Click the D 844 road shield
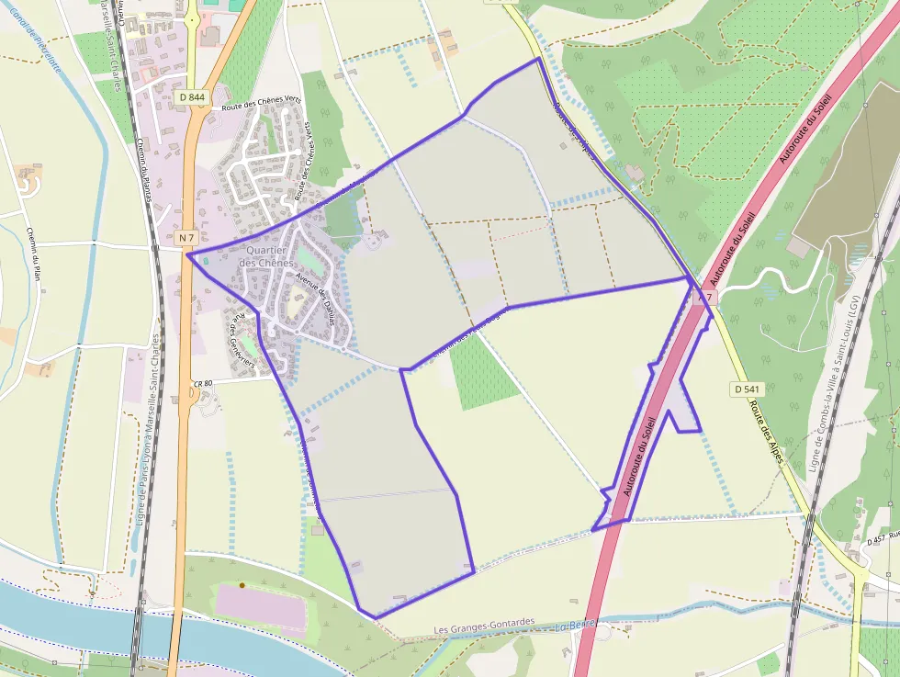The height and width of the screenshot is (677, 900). [x=193, y=96]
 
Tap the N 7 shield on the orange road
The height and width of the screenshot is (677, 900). [x=187, y=238]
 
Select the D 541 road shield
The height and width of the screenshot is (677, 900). [x=746, y=389]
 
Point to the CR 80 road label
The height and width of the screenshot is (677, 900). [x=202, y=382]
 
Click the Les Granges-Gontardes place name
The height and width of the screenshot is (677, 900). [x=484, y=623]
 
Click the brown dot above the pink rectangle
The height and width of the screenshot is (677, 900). [x=242, y=584]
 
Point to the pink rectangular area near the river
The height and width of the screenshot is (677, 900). [x=260, y=607]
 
